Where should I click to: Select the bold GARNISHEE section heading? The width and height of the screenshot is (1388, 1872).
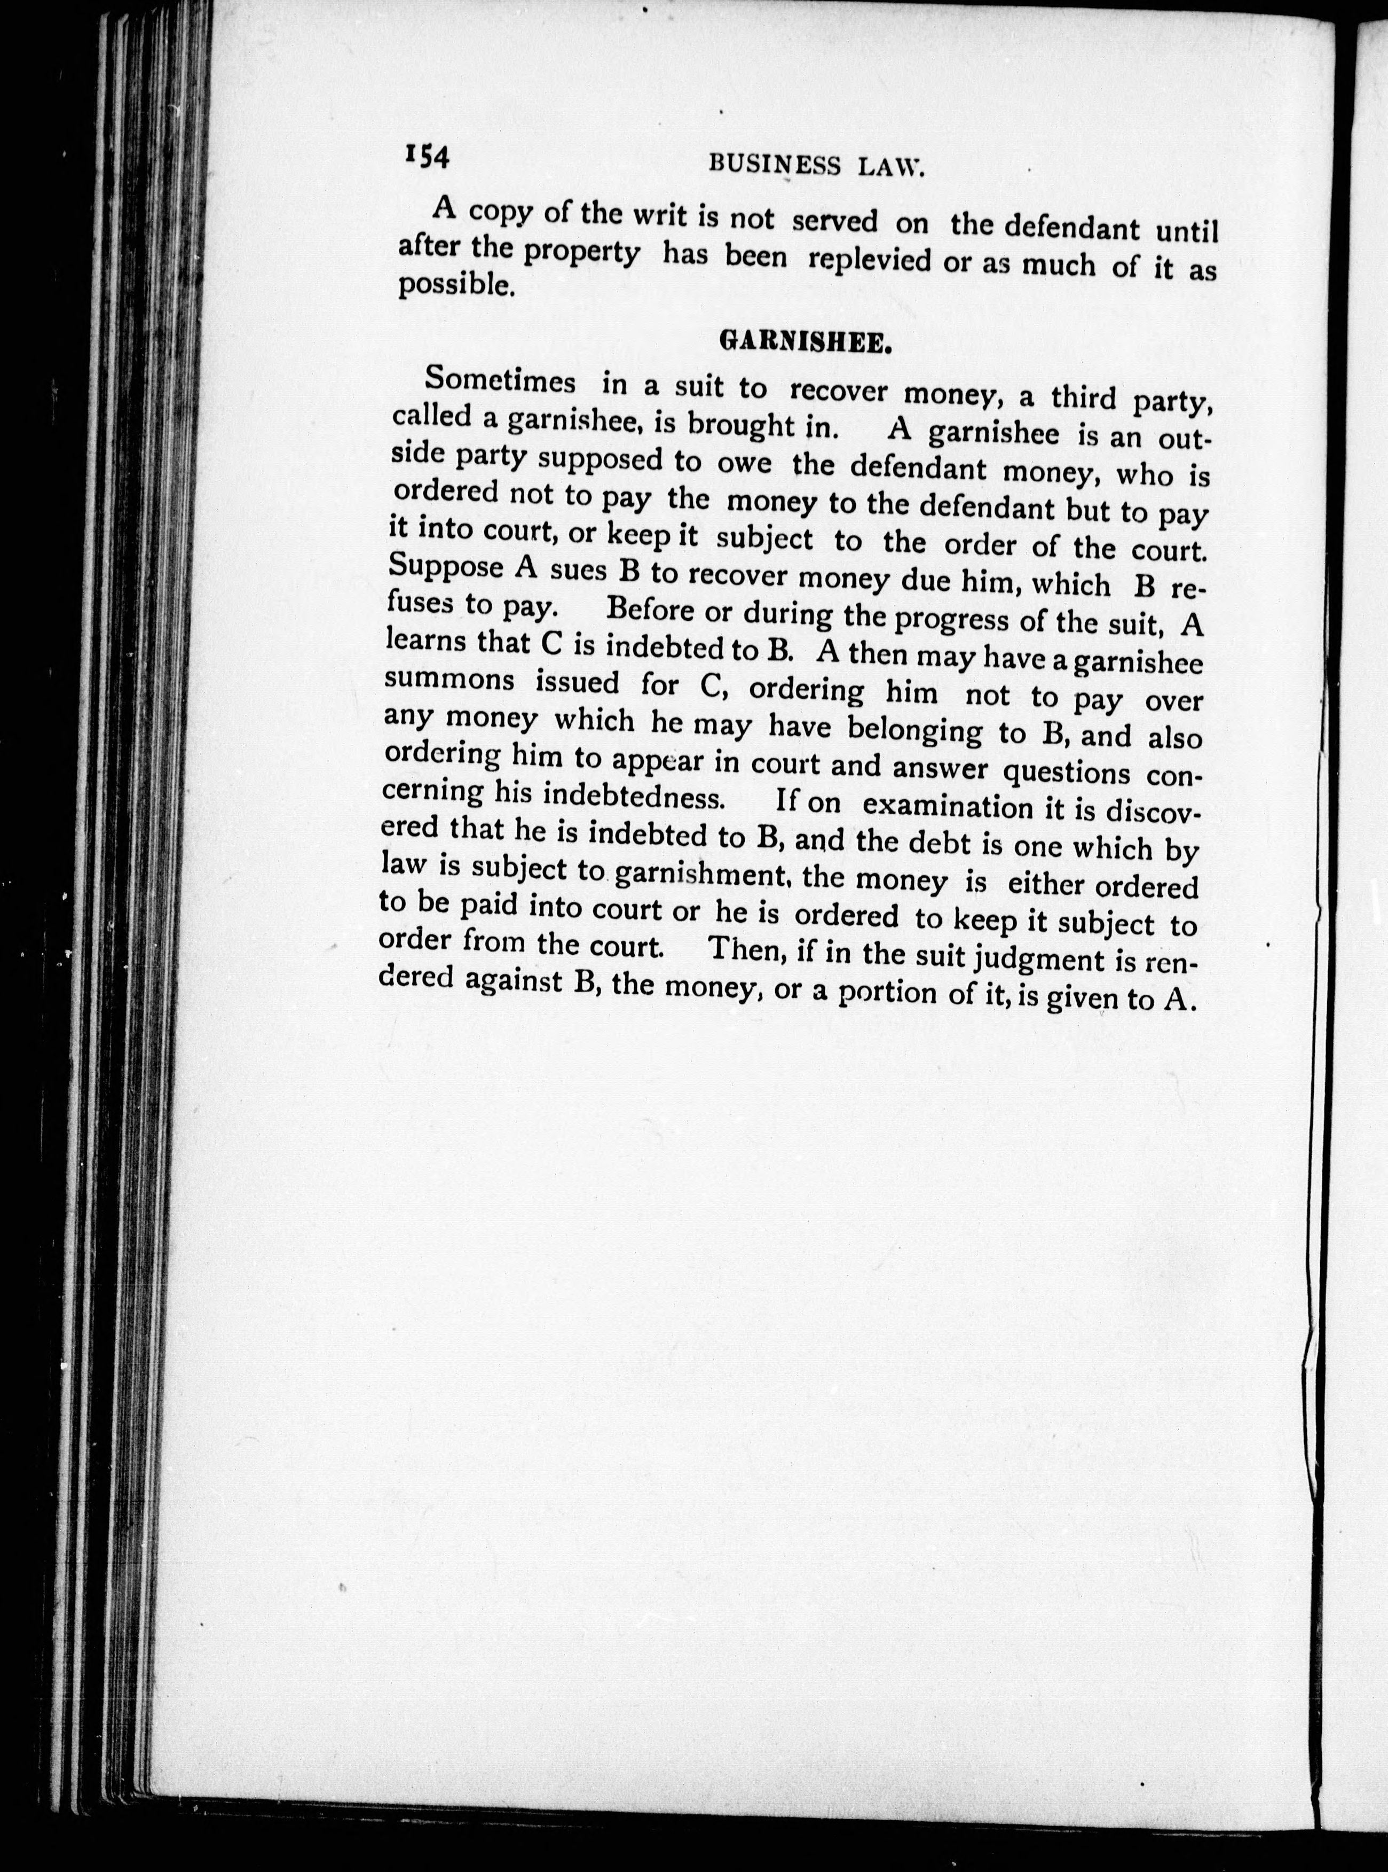point(804,343)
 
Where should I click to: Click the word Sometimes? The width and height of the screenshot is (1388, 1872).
point(500,381)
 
